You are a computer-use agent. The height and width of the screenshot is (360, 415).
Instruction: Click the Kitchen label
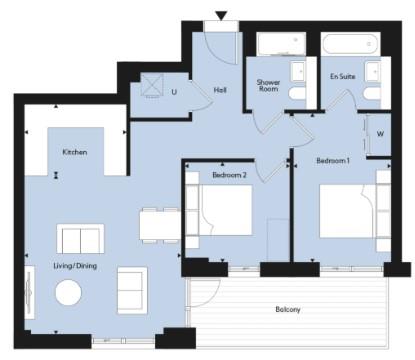click(75, 152)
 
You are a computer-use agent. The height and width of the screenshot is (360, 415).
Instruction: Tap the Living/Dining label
click(75, 266)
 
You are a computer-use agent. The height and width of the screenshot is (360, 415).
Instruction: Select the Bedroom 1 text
click(333, 161)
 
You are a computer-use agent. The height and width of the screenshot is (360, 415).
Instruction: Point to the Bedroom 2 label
click(229, 175)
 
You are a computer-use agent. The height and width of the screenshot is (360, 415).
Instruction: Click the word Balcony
click(288, 310)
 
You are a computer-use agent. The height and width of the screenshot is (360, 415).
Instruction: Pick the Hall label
click(220, 90)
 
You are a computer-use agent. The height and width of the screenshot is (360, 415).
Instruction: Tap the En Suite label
click(343, 76)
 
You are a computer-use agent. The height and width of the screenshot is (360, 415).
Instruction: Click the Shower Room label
click(268, 86)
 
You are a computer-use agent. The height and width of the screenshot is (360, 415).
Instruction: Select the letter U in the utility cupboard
click(174, 92)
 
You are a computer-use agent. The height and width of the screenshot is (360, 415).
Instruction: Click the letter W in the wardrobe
click(380, 134)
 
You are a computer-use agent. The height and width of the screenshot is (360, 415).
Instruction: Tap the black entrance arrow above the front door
click(221, 15)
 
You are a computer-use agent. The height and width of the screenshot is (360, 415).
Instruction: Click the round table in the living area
click(68, 292)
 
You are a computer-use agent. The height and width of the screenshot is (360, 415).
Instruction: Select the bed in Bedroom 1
click(347, 211)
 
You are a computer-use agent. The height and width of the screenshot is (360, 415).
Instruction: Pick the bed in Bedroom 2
click(226, 210)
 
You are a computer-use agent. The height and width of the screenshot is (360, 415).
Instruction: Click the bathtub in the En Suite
click(351, 43)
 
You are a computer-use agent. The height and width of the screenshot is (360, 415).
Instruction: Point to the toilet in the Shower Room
click(297, 93)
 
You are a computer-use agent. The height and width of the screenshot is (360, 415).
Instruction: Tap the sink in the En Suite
click(372, 71)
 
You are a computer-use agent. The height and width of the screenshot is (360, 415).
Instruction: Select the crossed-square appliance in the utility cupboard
click(152, 85)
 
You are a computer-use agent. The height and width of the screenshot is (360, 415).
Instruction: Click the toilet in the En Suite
click(372, 93)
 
